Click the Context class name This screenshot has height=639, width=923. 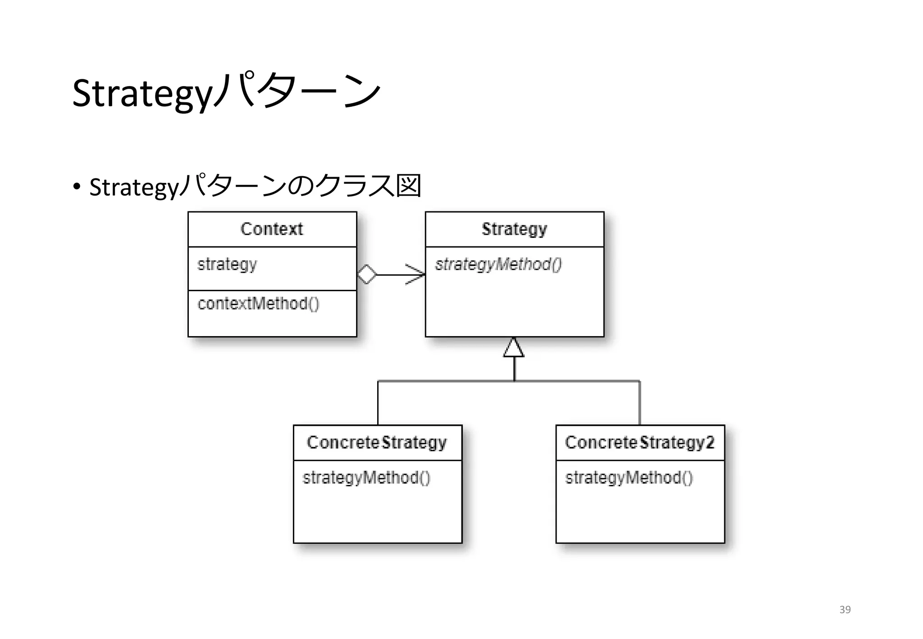272,229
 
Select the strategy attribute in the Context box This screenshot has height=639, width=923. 227,264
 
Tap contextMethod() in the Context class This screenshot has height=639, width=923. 258,303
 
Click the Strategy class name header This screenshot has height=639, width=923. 514,229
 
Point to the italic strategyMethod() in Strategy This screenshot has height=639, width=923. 498,264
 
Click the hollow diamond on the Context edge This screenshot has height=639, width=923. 367,274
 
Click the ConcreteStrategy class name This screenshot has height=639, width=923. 377,443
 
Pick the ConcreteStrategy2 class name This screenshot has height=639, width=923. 640,443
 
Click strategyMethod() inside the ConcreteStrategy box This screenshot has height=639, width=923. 366,478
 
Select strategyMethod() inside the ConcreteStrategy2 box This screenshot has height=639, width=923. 629,478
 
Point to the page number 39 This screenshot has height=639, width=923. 845,610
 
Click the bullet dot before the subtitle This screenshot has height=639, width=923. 77,186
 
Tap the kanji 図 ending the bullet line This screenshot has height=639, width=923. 408,186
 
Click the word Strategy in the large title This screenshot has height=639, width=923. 142,93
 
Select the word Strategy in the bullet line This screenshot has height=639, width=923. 134,187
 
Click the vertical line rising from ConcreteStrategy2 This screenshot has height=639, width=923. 640,403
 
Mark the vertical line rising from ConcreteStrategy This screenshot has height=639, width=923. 378,403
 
